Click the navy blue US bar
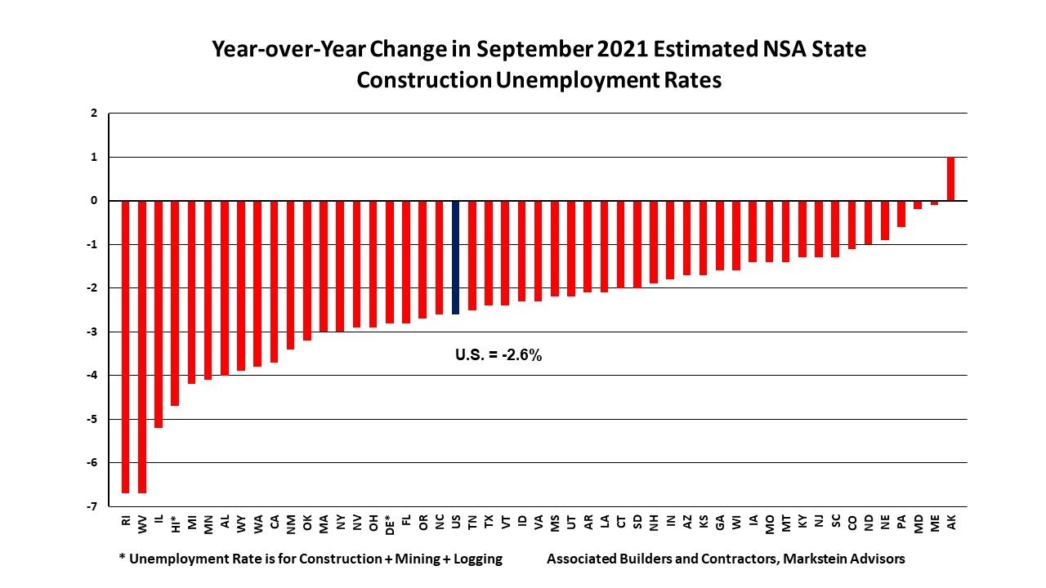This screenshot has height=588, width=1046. [x=455, y=256]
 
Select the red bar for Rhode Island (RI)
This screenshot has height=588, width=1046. [x=126, y=346]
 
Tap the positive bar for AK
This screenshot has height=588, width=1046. [x=951, y=178]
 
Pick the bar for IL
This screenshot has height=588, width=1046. [x=159, y=314]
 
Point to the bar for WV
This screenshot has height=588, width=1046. [x=142, y=346]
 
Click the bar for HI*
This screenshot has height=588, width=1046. [x=175, y=302]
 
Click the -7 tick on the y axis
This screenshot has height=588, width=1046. [x=96, y=506]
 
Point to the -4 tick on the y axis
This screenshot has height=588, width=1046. [x=96, y=375]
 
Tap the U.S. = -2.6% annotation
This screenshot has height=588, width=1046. [x=498, y=355]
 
